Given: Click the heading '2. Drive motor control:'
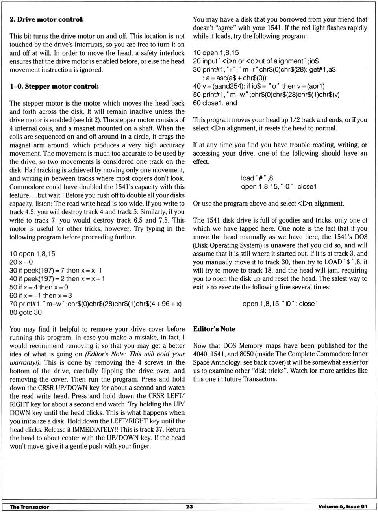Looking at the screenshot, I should (46, 19).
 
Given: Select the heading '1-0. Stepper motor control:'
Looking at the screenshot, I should (54, 86).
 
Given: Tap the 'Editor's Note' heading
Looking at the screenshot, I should (214, 329).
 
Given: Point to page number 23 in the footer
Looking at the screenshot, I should (189, 506).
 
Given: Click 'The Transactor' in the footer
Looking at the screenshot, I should (30, 507).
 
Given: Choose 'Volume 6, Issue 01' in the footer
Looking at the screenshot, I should (343, 506).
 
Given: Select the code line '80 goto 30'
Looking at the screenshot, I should (26, 312).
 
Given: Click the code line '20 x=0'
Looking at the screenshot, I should (21, 262).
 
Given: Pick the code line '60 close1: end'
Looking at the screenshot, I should (215, 103).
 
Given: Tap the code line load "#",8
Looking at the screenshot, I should (257, 178).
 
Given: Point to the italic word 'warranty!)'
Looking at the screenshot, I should (26, 362).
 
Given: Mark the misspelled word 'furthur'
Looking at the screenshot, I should (125, 237).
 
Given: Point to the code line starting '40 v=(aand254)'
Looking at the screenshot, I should (259, 86).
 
